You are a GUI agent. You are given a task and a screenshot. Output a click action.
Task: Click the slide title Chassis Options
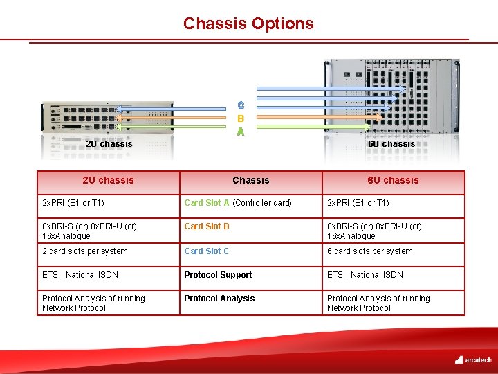pyautogui.click(x=248, y=24)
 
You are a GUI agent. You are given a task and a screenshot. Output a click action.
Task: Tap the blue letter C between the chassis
pyautogui.click(x=240, y=106)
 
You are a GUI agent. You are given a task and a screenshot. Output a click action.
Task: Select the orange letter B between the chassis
pyautogui.click(x=240, y=118)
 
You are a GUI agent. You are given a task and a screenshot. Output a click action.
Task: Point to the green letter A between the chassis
pyautogui.click(x=240, y=131)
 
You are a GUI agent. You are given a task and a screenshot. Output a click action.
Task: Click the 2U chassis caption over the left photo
pyautogui.click(x=109, y=144)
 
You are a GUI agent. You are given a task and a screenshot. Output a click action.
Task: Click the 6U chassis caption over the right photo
pyautogui.click(x=391, y=144)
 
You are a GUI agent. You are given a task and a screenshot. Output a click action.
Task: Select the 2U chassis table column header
pyautogui.click(x=108, y=180)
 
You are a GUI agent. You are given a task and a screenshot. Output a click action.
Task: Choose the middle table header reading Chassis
pyautogui.click(x=250, y=180)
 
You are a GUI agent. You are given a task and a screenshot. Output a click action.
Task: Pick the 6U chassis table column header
pyautogui.click(x=393, y=180)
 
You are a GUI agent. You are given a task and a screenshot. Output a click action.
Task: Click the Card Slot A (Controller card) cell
pyautogui.click(x=237, y=203)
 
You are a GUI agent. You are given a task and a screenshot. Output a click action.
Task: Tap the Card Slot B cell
pyautogui.click(x=207, y=226)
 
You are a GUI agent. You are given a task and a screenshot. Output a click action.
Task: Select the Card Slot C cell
pyautogui.click(x=207, y=251)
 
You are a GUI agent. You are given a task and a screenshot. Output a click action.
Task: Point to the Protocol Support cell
pyautogui.click(x=218, y=275)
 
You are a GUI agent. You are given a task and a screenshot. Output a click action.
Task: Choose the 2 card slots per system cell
pyautogui.click(x=85, y=251)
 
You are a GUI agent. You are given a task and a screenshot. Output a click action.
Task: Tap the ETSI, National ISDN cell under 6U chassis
pyautogui.click(x=365, y=275)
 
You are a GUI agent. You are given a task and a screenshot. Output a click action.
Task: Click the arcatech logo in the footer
pyautogui.click(x=473, y=359)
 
